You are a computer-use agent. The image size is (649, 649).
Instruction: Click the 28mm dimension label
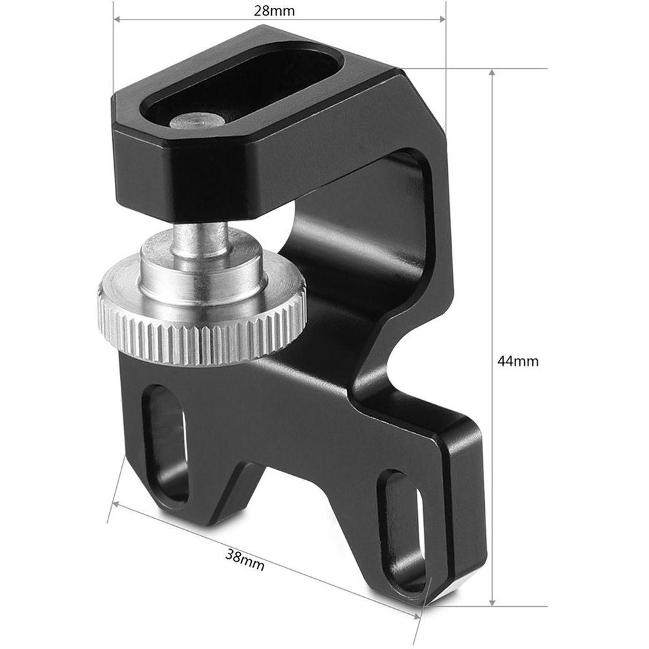point(280,11)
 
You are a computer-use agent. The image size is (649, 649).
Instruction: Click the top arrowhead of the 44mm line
point(493,72)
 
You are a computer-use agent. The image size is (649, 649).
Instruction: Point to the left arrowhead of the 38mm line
point(116,504)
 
